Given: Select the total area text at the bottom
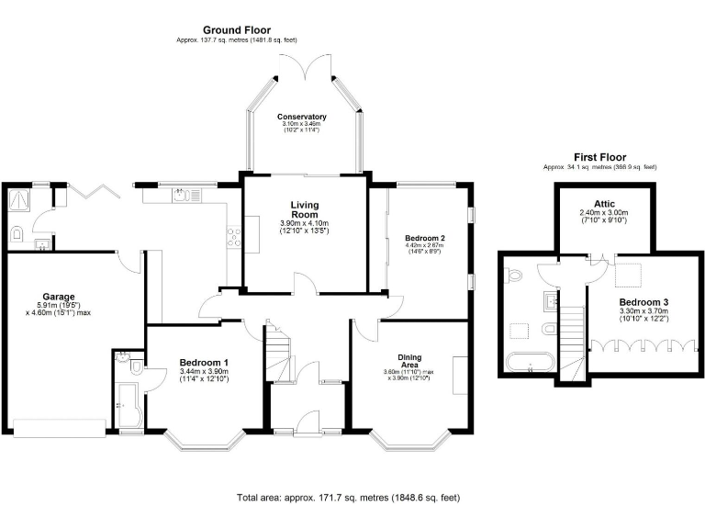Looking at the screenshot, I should pyautogui.click(x=348, y=497).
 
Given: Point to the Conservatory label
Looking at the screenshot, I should pyautogui.click(x=302, y=118).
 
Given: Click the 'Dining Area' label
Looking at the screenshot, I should pyautogui.click(x=409, y=361).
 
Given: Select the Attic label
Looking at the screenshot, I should pyautogui.click(x=604, y=203).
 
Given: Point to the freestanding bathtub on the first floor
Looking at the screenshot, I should pyautogui.click(x=529, y=359).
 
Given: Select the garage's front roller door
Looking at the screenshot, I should pyautogui.click(x=57, y=428).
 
